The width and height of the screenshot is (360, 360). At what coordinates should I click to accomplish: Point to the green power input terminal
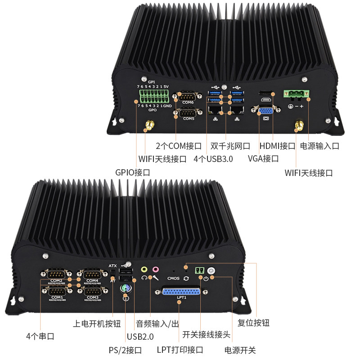pos(297,94)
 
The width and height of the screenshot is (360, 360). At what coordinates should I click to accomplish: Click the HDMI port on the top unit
pos(265,95)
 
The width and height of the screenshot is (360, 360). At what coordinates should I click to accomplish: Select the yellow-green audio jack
pos(144,270)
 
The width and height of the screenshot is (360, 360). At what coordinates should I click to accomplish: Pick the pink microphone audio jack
pos(155,270)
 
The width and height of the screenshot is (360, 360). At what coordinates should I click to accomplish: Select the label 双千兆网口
pos(230,146)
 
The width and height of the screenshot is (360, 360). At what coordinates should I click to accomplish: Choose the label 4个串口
pos(40,336)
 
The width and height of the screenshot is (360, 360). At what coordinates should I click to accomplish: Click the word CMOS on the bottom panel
pos(173,279)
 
